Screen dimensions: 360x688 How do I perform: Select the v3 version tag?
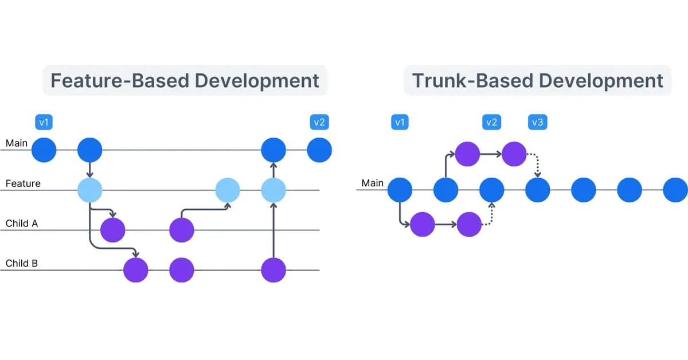pyautogui.click(x=537, y=122)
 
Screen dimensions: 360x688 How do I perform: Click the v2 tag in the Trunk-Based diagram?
pyautogui.click(x=491, y=122)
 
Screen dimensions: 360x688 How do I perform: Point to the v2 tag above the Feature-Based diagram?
pyautogui.click(x=319, y=122)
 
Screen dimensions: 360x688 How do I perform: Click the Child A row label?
pyautogui.click(x=22, y=224)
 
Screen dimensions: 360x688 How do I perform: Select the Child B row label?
pyautogui.click(x=22, y=264)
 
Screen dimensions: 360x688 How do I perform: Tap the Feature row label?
pyautogui.click(x=23, y=183)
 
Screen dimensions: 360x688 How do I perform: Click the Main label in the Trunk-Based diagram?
pyautogui.click(x=372, y=183)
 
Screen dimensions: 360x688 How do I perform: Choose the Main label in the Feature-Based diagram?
pyautogui.click(x=17, y=143)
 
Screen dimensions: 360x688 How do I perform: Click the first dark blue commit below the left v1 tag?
pyautogui.click(x=44, y=150)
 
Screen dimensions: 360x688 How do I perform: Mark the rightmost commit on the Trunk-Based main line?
pyautogui.click(x=675, y=190)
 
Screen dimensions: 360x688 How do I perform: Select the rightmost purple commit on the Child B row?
pyautogui.click(x=273, y=270)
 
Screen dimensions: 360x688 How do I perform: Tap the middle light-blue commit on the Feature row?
pyautogui.click(x=228, y=190)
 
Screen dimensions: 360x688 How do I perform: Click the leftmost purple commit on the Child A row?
pyautogui.click(x=113, y=230)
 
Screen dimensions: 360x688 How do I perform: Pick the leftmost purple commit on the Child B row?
pyautogui.click(x=136, y=270)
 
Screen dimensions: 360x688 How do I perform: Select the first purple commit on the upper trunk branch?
pyautogui.click(x=467, y=153)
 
